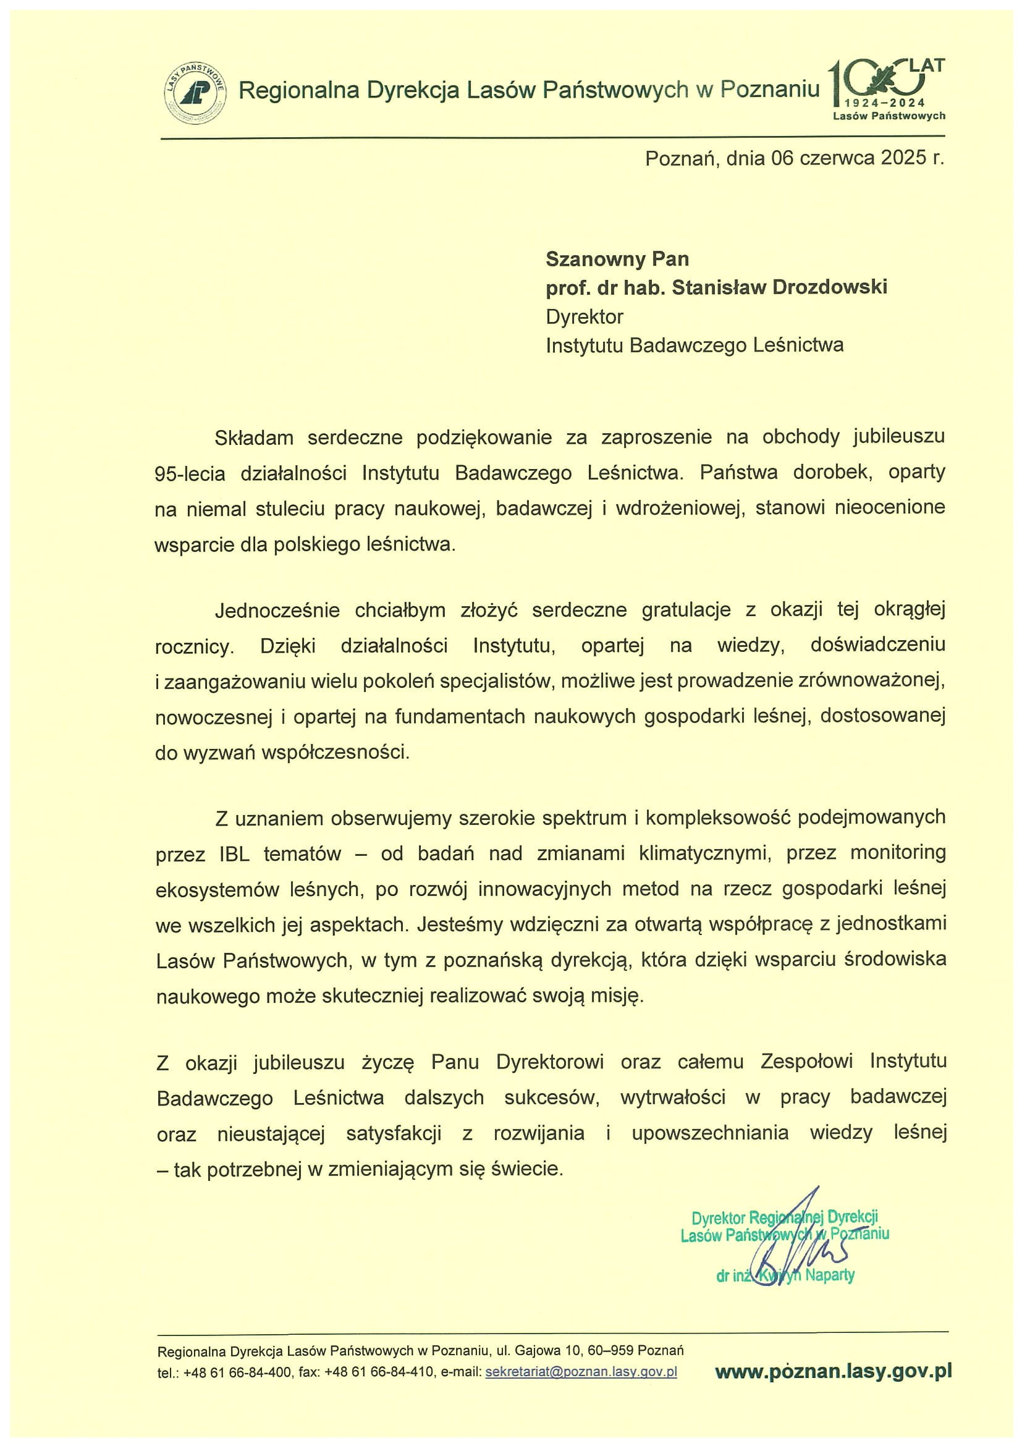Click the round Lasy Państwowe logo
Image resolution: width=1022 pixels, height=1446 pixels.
coord(195,93)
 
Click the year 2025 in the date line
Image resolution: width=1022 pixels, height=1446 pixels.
coord(903,158)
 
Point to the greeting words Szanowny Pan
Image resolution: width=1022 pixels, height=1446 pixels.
coord(617,259)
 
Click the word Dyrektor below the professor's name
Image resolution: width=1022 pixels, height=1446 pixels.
coord(585,316)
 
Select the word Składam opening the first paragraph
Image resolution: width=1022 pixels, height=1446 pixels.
coord(254,438)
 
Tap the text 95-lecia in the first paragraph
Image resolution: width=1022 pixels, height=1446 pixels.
coord(190,473)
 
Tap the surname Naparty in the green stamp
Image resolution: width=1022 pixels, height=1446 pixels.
coord(829,1276)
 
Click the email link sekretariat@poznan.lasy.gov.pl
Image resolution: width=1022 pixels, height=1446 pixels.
coord(581,1372)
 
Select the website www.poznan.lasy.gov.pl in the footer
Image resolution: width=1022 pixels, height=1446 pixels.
coord(832,1371)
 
